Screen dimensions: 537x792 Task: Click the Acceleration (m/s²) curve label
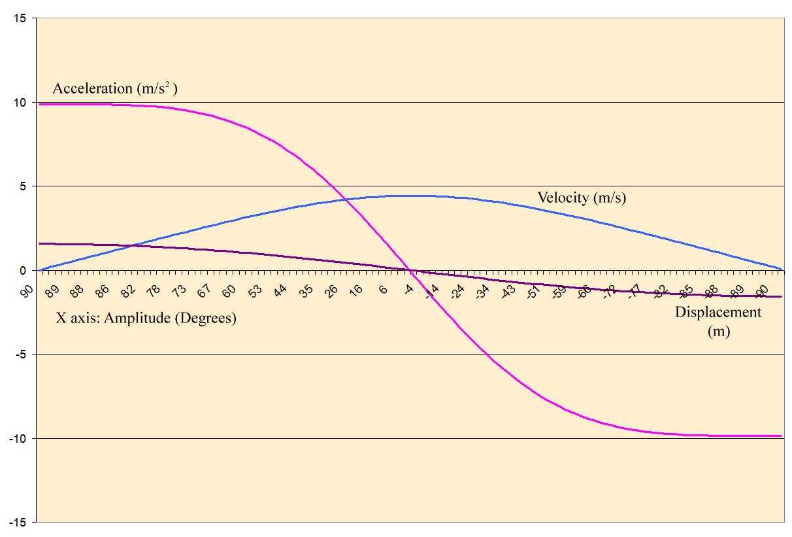click(x=115, y=89)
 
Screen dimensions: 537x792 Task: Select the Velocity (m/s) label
click(x=582, y=198)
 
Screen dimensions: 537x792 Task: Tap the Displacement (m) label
click(x=718, y=321)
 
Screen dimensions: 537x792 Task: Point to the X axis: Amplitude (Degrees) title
click(x=144, y=319)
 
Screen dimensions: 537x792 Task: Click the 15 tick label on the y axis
click(x=20, y=18)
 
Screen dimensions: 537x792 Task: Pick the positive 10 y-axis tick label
click(x=20, y=103)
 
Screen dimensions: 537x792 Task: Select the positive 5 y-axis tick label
click(x=23, y=186)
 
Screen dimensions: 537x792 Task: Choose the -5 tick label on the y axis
click(x=21, y=355)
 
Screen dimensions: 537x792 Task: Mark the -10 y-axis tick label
click(x=18, y=438)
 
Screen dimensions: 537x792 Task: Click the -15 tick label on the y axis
click(x=18, y=522)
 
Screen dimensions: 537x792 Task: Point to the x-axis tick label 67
click(x=204, y=292)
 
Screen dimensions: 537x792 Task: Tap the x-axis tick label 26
click(x=332, y=292)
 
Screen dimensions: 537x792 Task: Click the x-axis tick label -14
click(x=432, y=293)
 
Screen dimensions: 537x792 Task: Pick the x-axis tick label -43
click(x=508, y=293)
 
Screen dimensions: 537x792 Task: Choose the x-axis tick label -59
click(x=559, y=293)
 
